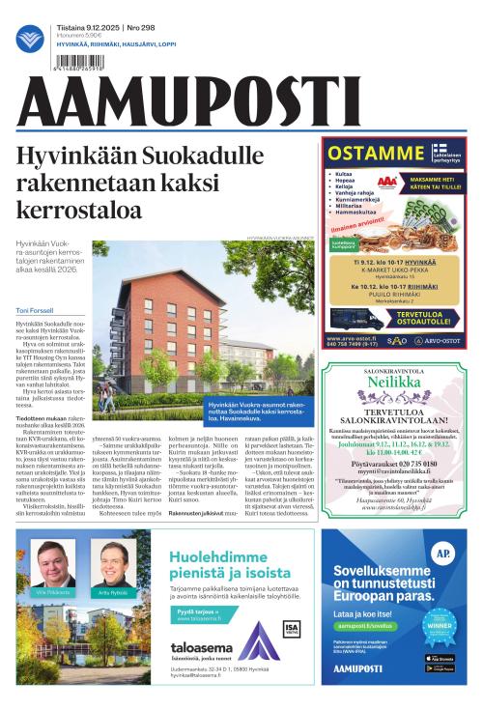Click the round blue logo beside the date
point(30,39)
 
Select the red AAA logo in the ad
point(386,181)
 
